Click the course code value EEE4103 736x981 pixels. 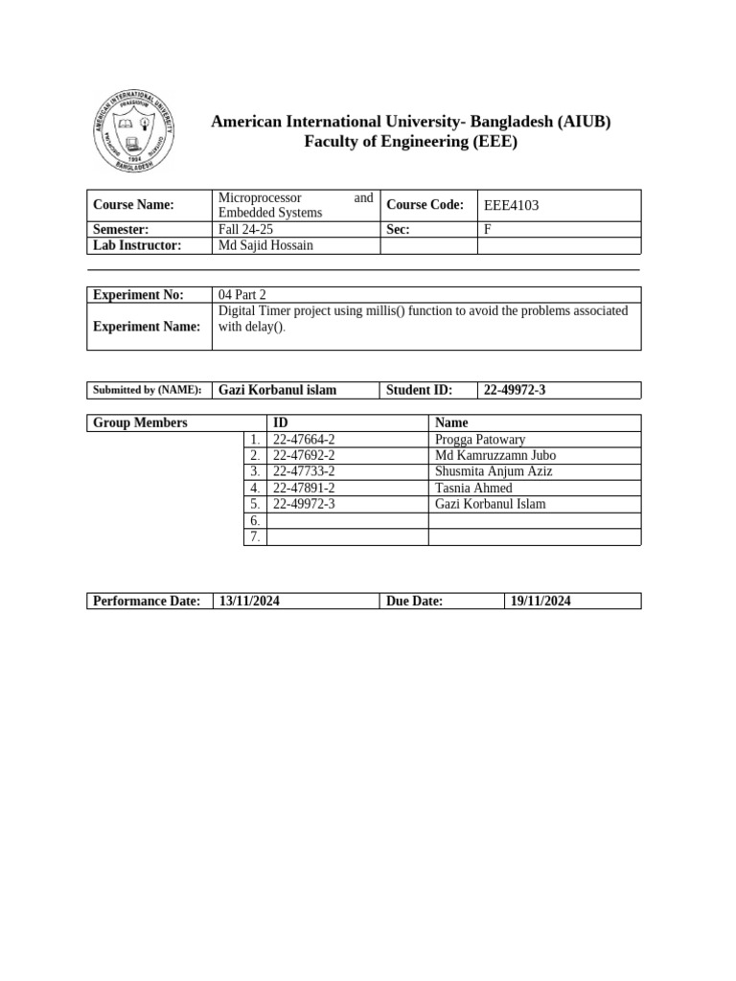pyautogui.click(x=517, y=205)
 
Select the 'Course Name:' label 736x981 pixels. pyautogui.click(x=133, y=205)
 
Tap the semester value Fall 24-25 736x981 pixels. pyautogui.click(x=246, y=229)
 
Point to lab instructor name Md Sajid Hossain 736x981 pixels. pyautogui.click(x=265, y=245)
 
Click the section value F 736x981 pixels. pyautogui.click(x=487, y=229)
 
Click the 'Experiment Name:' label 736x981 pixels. pyautogui.click(x=147, y=327)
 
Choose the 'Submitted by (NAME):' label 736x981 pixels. pyautogui.click(x=147, y=390)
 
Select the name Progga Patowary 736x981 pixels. pyautogui.click(x=480, y=440)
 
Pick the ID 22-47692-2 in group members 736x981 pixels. pyautogui.click(x=304, y=456)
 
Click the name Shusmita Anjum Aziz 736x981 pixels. pyautogui.click(x=494, y=471)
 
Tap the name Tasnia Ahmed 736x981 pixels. pyautogui.click(x=473, y=488)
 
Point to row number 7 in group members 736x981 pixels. pyautogui.click(x=255, y=536)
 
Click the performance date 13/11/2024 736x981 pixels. pyautogui.click(x=250, y=601)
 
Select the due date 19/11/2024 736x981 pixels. pyautogui.click(x=541, y=601)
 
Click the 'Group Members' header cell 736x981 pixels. pyautogui.click(x=140, y=422)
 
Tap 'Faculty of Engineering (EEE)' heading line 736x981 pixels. pyautogui.click(x=410, y=143)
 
